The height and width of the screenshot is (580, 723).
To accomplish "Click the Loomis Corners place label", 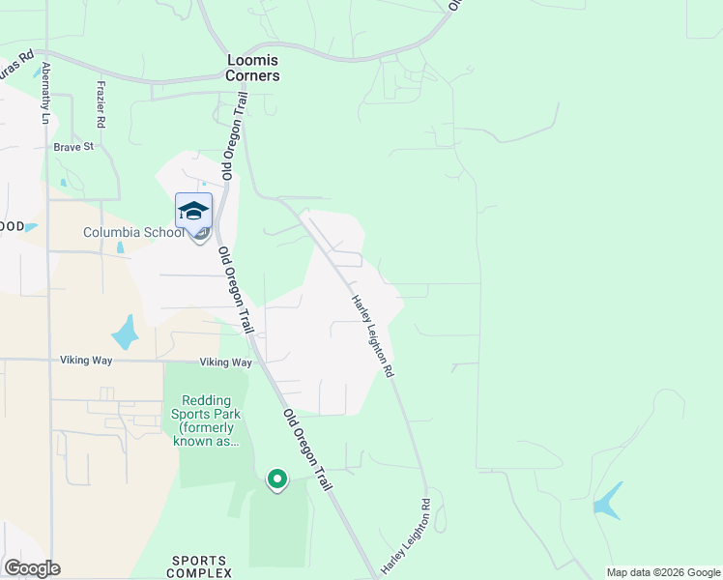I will click(252, 68).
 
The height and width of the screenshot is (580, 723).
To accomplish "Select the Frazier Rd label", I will click(100, 104).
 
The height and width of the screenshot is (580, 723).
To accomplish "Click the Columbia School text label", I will click(132, 232).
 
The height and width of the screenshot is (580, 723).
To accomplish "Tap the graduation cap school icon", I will click(193, 211).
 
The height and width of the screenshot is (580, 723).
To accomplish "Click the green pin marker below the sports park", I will click(277, 478).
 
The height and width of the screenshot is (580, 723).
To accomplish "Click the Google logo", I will click(32, 568).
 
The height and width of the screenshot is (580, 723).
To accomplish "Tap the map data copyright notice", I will click(663, 572).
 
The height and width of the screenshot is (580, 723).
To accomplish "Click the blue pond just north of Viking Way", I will click(125, 333).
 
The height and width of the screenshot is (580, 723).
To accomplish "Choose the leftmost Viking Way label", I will click(86, 361).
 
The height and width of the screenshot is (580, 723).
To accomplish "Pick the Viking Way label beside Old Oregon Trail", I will click(225, 362).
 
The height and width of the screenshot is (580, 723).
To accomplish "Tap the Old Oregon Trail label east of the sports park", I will click(307, 449).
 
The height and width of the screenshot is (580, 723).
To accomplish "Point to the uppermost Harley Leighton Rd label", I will click(372, 335).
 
